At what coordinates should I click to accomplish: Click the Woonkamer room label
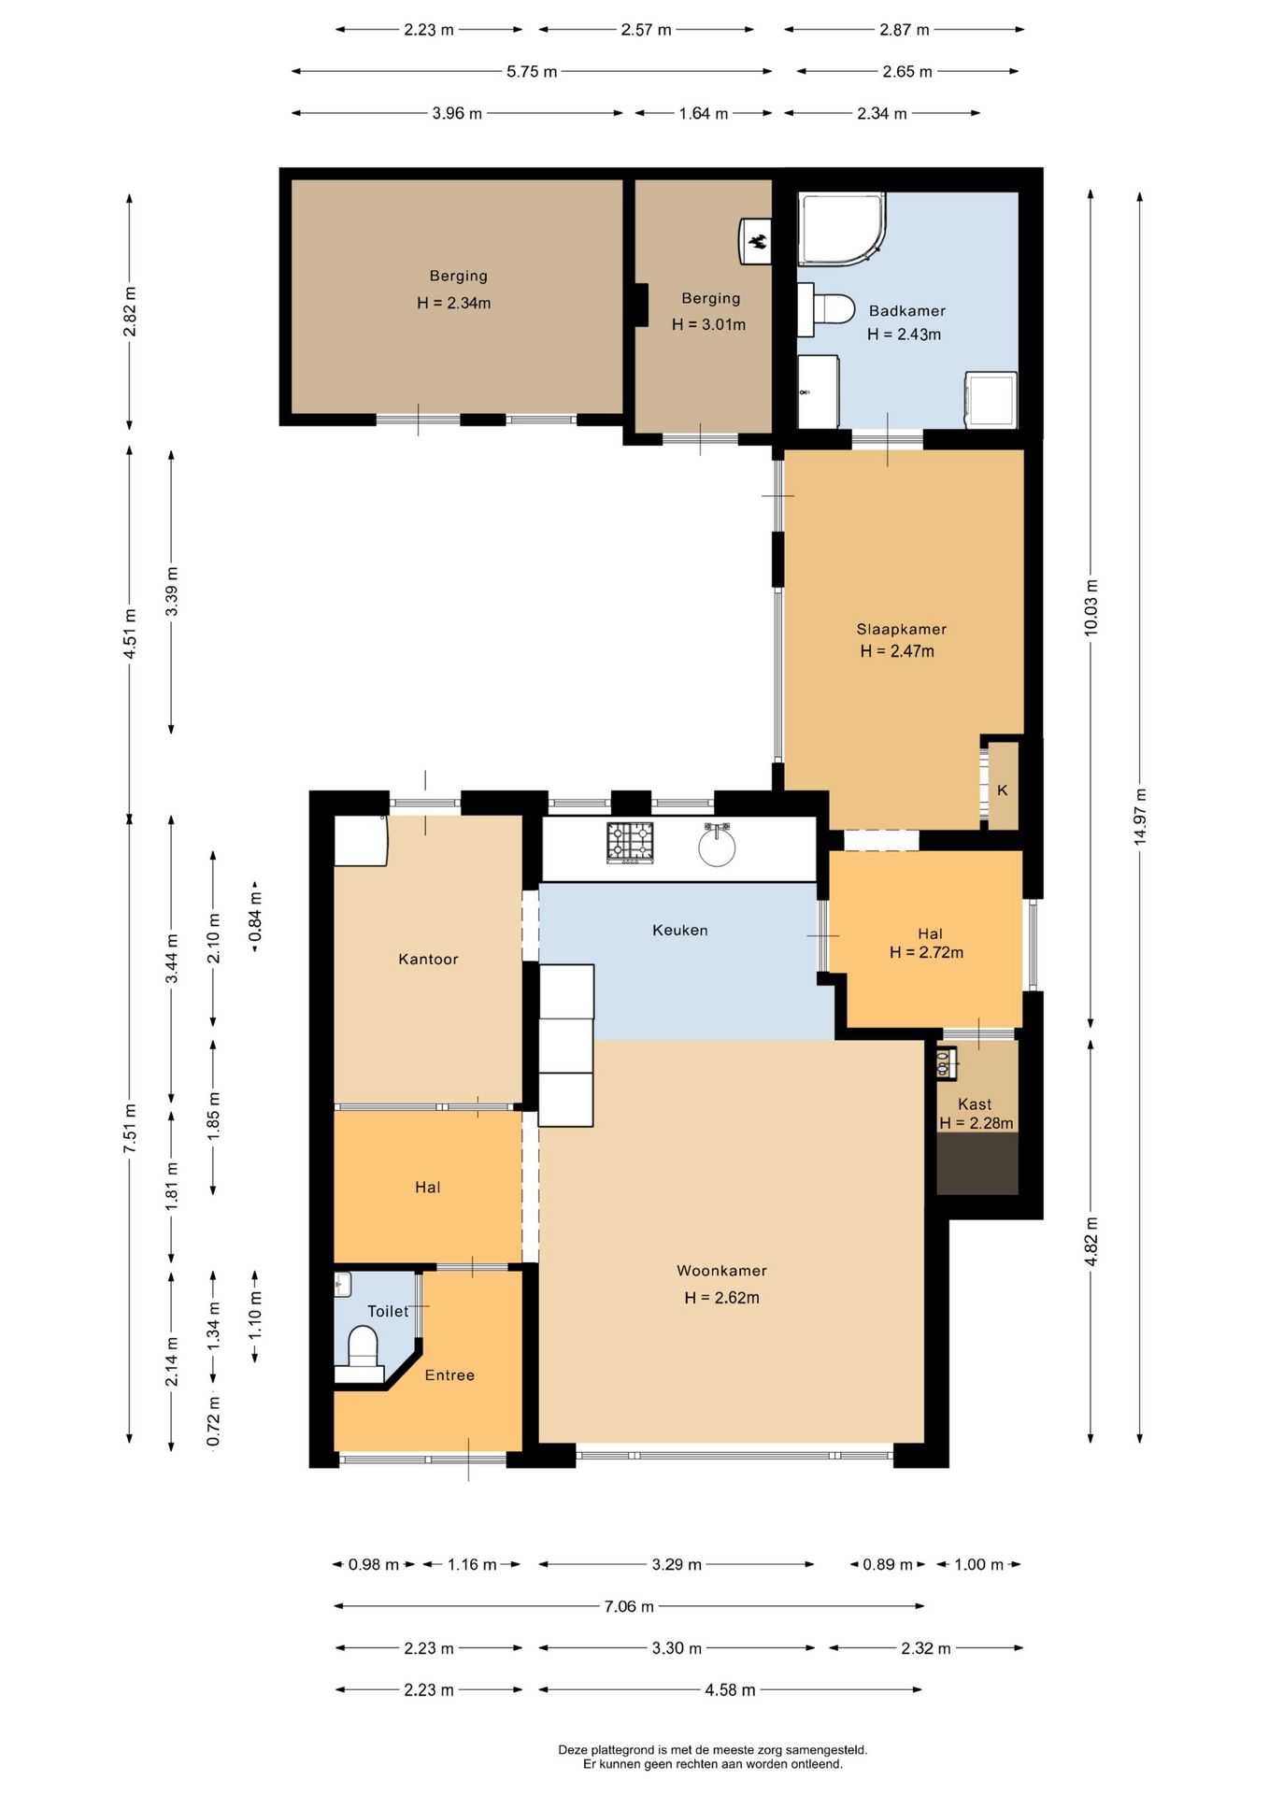721,1271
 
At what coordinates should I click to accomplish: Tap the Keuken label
680,930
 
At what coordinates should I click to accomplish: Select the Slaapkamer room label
902,629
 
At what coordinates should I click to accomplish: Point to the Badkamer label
907,311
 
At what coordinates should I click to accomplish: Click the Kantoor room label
428,959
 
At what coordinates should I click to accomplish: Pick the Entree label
449,1375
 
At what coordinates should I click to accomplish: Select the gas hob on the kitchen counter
630,842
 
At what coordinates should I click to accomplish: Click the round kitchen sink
717,847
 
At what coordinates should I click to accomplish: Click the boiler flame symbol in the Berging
757,241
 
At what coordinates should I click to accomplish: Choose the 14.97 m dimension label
1140,818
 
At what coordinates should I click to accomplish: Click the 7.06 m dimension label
629,1606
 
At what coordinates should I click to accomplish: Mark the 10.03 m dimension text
1091,608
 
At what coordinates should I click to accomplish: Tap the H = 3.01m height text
708,325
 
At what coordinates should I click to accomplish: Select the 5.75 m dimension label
532,72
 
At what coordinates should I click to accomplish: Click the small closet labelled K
1003,786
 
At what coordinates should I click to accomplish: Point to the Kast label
975,1104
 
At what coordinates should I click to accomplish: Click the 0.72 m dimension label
214,1422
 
